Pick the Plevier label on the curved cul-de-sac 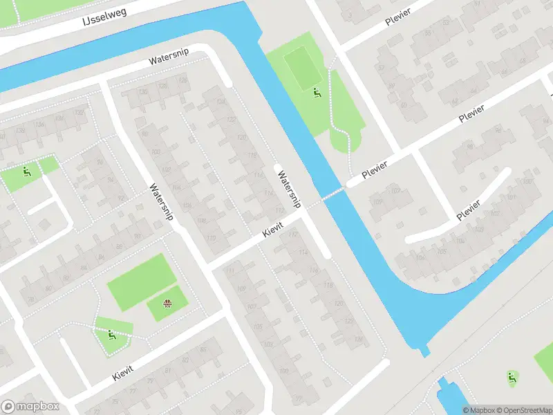pos(469,210)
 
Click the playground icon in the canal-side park pos(317,93)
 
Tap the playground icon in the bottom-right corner pos(512,377)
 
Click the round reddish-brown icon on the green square pos(167,303)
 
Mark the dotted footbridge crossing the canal pos(332,194)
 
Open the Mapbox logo pos(30,407)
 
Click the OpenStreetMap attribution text pos(523,410)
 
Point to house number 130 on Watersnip pos(144,92)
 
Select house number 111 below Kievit pos(230,270)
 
